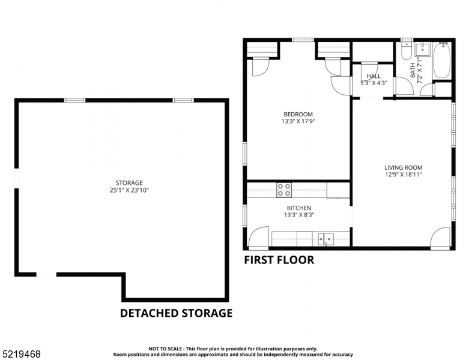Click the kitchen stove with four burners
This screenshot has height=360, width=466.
coord(284,190)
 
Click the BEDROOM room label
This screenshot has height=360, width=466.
coord(298,114)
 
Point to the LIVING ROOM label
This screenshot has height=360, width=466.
coord(404,168)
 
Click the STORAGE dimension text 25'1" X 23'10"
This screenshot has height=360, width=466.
coord(129,190)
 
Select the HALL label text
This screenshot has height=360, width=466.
coord(374,76)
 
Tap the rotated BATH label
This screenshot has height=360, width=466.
coord(413,70)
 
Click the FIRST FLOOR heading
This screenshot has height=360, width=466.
coord(279,260)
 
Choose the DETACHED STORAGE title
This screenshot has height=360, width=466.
coord(176,313)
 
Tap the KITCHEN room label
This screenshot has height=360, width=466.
coord(298,208)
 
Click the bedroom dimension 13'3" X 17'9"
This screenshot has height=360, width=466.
coord(298,121)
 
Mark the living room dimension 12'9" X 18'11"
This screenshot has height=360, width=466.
coord(404,175)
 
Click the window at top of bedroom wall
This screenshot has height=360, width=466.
coord(303,40)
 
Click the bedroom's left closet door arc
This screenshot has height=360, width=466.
coord(260,67)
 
